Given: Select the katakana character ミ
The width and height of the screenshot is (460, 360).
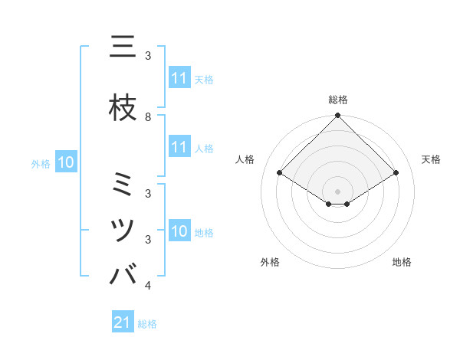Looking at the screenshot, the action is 123,185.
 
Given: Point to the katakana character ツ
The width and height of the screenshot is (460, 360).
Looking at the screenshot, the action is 123,230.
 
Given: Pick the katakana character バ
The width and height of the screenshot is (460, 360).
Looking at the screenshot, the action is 123,274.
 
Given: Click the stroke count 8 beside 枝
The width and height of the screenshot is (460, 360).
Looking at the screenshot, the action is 148,116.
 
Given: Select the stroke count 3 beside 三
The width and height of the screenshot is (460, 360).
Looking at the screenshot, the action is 148,56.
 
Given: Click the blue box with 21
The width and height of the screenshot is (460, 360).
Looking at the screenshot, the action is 123,323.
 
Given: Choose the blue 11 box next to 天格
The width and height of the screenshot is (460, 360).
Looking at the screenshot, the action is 179,78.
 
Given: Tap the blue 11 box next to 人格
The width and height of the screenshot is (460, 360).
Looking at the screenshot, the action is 179,148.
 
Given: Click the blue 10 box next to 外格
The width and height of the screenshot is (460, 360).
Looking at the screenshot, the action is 66,162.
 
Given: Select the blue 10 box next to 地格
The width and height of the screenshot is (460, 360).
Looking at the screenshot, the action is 179,232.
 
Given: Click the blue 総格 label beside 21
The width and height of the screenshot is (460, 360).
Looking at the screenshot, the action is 147,324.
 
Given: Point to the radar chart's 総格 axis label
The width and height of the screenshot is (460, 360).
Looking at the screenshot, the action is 338,100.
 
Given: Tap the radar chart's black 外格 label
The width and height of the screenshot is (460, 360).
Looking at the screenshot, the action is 270,262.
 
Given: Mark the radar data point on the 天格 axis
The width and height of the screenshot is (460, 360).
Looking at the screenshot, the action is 396,173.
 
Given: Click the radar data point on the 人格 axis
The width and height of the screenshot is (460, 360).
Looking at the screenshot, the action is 280,173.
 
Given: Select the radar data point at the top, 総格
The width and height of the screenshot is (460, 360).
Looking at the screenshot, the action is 338,116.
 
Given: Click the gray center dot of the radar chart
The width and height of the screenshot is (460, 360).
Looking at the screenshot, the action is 338,191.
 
